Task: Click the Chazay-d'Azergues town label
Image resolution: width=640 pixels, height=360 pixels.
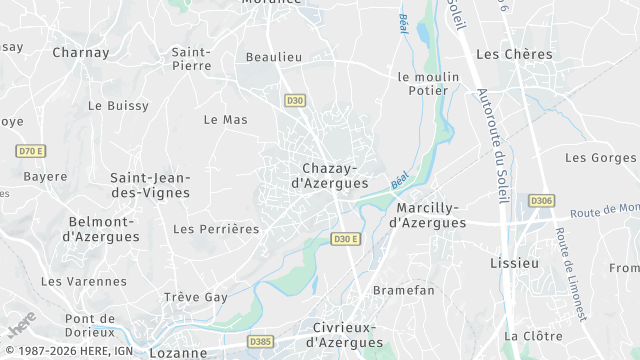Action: [x=329, y=176]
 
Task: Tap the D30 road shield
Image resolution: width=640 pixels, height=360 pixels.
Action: [x=294, y=100]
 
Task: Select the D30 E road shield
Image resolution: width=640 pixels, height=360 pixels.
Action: [x=345, y=239]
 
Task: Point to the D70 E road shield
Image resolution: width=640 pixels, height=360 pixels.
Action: [x=31, y=151]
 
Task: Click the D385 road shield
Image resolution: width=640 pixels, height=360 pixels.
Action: [x=260, y=342]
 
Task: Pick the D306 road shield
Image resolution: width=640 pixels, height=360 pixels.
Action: [x=541, y=200]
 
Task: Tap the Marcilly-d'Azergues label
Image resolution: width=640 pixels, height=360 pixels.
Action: [x=427, y=215]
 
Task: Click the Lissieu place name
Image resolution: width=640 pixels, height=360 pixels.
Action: [x=515, y=263]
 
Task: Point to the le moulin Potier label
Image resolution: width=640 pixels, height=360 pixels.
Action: [x=428, y=84]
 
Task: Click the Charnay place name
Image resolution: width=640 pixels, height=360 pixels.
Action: [x=80, y=52]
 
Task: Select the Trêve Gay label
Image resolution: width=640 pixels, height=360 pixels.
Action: [x=196, y=297]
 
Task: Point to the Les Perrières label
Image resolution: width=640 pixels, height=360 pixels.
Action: [x=216, y=229]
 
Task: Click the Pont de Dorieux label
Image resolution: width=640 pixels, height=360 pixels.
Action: [x=90, y=325]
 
